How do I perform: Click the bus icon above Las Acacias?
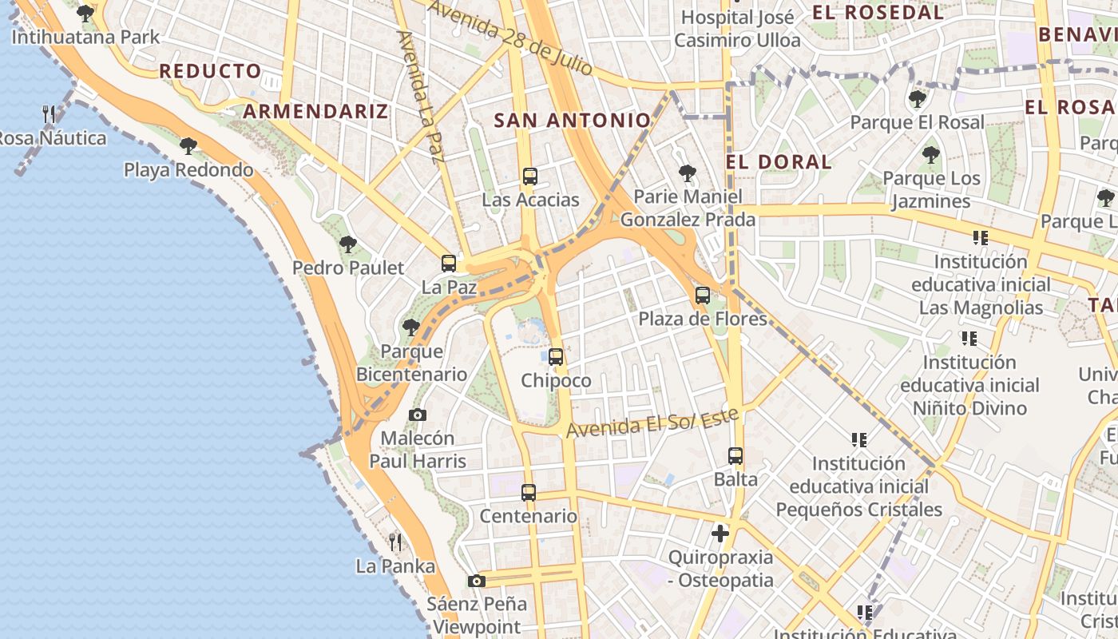pos(529,177)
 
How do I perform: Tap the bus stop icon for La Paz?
pos(449,264)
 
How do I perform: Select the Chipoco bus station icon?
pos(556,357)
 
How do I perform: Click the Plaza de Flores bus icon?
pos(703,296)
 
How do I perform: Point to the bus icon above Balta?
pos(735,456)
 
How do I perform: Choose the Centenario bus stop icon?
pos(528,493)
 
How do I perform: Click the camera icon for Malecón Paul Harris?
pos(417,415)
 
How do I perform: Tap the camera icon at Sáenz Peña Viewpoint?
pos(477,581)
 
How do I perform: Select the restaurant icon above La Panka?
pos(395,542)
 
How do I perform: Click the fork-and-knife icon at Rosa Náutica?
pos(50,114)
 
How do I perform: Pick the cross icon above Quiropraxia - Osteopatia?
pos(720,533)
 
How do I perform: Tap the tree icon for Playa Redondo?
pos(188,146)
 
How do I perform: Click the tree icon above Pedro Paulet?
pos(347,244)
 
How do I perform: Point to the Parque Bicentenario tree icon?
pos(411,327)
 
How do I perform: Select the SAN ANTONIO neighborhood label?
pos(572,121)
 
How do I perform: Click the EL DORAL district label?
pos(779,162)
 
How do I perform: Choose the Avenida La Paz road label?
pos(420,96)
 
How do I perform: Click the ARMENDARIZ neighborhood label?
pos(315,111)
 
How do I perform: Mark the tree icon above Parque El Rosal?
pos(917,99)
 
